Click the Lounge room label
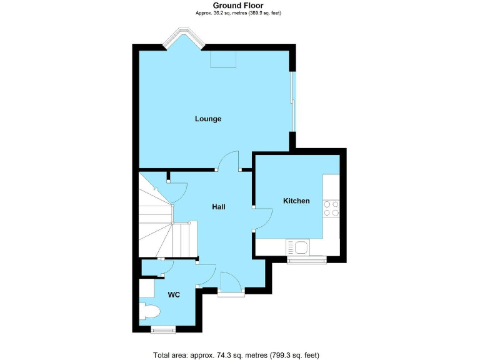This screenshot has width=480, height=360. click(x=208, y=119)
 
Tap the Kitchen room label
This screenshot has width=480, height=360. click(x=296, y=201)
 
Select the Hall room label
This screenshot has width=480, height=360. click(x=218, y=207)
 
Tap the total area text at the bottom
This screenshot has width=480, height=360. click(x=236, y=354)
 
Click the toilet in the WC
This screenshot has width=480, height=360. click(x=150, y=311)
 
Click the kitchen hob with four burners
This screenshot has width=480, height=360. click(x=331, y=208)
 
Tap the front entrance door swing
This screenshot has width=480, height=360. click(x=228, y=281)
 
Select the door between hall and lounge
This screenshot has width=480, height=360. click(x=229, y=161)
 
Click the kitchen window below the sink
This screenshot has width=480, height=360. click(x=306, y=259)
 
